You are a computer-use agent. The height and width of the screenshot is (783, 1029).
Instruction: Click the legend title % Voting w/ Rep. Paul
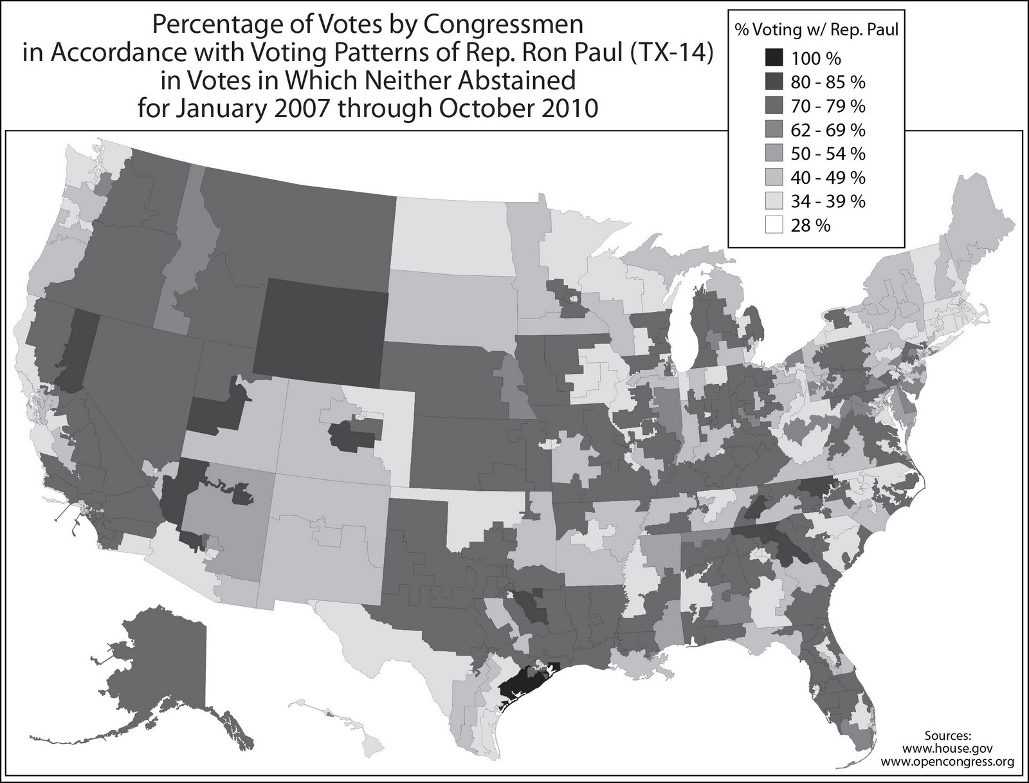point(816,29)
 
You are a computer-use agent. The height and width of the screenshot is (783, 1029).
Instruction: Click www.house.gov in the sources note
point(948,749)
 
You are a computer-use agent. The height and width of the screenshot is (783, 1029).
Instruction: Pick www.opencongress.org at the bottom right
point(948,762)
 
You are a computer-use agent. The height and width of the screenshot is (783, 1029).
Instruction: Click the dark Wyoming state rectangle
point(322,328)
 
